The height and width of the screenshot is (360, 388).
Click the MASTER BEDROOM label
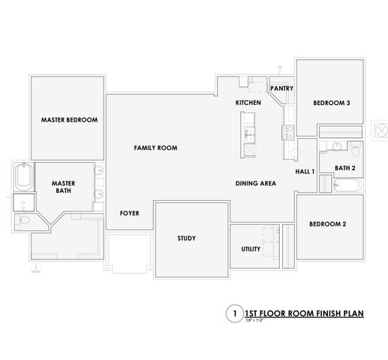[x=69, y=119]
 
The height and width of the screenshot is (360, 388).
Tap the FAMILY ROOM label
[x=155, y=148]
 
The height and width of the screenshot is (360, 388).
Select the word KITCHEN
[x=248, y=102]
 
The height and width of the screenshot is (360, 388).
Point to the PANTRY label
[x=281, y=88]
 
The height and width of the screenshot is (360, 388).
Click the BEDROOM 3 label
[x=332, y=103]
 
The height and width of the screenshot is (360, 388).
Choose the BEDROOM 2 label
[x=327, y=223]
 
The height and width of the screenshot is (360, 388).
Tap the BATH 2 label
[x=344, y=168]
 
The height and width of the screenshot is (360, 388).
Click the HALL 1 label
[x=304, y=172]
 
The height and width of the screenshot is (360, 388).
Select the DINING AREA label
[x=256, y=183]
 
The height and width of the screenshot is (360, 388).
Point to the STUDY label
[x=186, y=238]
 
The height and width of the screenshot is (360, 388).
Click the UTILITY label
[x=251, y=248]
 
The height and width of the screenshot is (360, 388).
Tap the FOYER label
[x=129, y=213]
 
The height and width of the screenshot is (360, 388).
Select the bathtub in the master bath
[x=23, y=177]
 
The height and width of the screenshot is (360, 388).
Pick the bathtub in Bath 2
[x=347, y=184]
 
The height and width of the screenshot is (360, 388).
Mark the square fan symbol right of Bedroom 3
[x=377, y=128]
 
